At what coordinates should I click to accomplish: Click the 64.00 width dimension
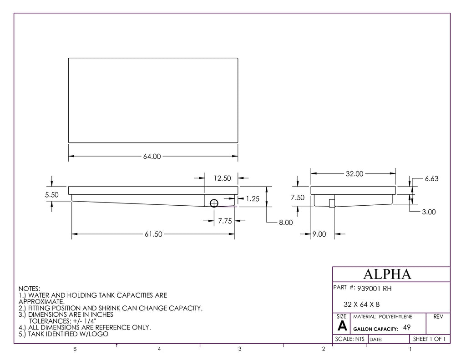pos(152,157)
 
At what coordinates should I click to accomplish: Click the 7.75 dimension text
pos(225,221)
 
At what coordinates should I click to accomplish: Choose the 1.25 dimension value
pos(253,199)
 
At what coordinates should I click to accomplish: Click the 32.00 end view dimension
pos(354,173)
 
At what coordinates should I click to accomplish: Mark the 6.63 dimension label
pos(431,179)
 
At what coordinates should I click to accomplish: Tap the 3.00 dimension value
pos(429,212)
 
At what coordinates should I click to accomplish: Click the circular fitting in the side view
pos(214,203)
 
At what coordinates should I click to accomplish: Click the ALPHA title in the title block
pos(387,274)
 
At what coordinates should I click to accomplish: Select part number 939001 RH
pos(375,288)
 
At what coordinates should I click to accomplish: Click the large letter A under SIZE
pos(342,326)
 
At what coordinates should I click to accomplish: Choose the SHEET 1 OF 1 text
pos(429,339)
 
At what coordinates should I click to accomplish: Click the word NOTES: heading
pos(29,289)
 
